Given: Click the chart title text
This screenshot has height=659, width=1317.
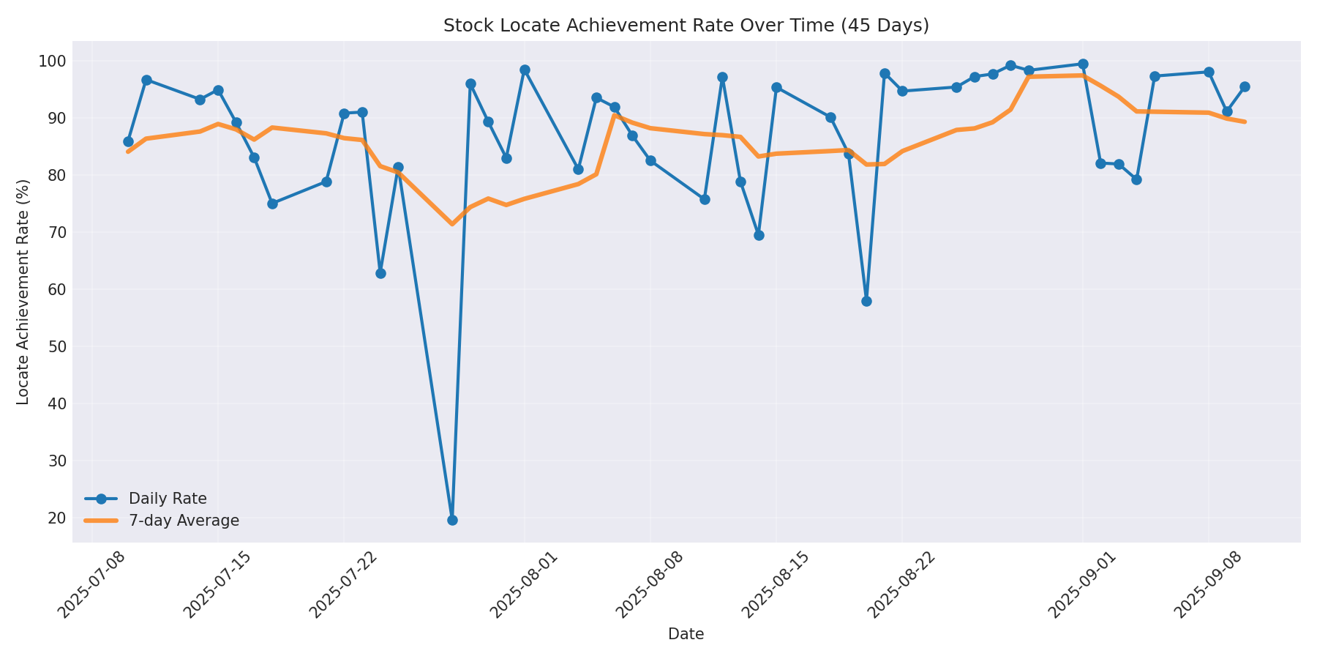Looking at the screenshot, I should tap(686, 26).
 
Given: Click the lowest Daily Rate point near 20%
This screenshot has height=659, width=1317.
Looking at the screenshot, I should tap(452, 520).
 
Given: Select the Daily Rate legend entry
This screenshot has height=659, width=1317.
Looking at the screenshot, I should tap(168, 499).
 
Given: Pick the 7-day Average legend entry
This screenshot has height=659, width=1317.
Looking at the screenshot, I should tap(184, 521).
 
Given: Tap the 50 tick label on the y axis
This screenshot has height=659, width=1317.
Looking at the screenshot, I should tap(56, 346).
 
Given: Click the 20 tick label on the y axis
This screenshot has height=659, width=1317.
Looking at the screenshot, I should tap(56, 518).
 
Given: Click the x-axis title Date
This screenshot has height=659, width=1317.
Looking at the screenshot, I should tap(686, 635).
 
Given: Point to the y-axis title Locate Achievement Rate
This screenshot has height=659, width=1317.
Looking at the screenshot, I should tap(23, 291).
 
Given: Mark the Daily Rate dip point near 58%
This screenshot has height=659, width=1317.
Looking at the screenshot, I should tap(866, 301).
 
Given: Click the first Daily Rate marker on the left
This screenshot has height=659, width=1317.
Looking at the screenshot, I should tap(128, 141).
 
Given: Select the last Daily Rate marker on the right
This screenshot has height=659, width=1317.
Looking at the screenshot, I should tap(1245, 86).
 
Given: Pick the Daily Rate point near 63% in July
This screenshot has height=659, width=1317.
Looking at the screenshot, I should tap(380, 273).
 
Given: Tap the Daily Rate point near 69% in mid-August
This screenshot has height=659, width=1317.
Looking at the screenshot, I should tap(759, 235).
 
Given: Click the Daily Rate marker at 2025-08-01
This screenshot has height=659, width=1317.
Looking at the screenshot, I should tap(525, 70).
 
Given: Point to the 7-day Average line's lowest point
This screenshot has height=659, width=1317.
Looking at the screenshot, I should tap(452, 223).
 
